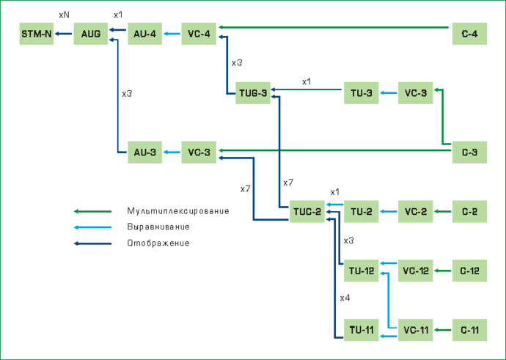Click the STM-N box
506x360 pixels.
(36, 34)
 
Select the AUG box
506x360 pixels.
(91, 34)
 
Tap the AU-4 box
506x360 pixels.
(145, 34)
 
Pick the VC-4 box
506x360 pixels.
(199, 34)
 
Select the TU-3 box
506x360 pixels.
(362, 94)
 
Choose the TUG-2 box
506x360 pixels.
(307, 212)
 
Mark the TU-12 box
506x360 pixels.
(362, 271)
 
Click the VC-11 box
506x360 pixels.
(415, 331)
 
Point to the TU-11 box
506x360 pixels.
(362, 331)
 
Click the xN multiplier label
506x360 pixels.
(64, 15)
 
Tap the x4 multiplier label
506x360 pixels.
(345, 298)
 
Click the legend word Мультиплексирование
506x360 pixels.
(177, 211)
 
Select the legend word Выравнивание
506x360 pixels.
(158, 227)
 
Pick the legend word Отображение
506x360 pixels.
(158, 243)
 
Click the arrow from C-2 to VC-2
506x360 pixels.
(442, 212)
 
